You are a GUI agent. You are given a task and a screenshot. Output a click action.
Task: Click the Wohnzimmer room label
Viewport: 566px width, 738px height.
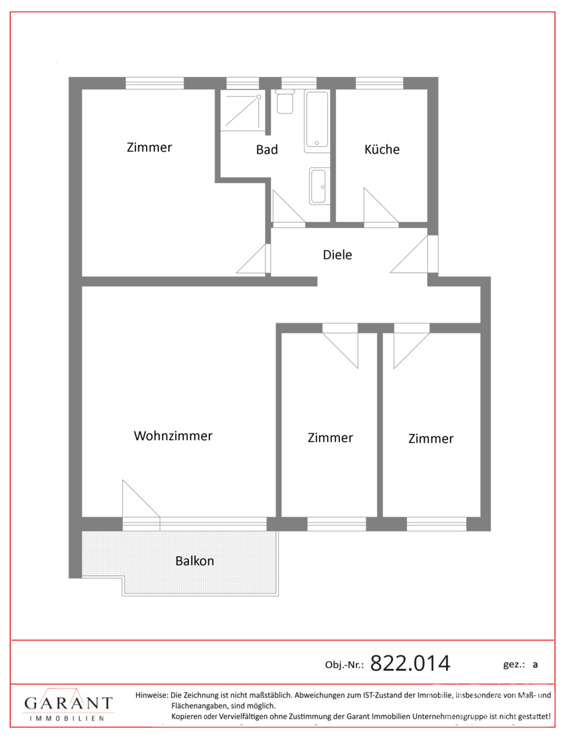click(x=173, y=436)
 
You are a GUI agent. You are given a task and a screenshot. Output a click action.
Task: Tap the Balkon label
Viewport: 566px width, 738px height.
click(x=194, y=561)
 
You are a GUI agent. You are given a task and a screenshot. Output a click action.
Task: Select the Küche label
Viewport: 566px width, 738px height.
click(x=382, y=150)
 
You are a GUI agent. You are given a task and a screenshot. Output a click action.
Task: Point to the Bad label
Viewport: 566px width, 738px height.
click(x=267, y=150)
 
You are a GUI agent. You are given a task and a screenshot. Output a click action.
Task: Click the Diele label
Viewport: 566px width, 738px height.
click(x=337, y=255)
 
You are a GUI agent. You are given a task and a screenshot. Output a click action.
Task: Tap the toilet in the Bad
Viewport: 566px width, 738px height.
click(x=285, y=103)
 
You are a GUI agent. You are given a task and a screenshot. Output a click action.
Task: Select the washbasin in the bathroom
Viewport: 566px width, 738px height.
click(x=318, y=185)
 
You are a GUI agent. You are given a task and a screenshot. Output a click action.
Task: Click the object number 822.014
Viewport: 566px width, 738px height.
click(x=410, y=663)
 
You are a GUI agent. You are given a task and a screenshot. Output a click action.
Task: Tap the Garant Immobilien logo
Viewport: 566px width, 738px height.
click(x=68, y=705)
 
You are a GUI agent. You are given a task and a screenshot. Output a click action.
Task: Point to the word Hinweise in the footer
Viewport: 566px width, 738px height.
click(x=152, y=695)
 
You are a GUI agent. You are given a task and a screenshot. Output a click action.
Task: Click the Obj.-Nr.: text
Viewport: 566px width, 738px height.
click(x=344, y=665)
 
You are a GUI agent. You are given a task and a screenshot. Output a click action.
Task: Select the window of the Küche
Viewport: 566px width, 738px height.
click(x=379, y=83)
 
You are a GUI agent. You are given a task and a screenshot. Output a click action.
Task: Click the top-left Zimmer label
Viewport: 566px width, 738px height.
click(x=150, y=148)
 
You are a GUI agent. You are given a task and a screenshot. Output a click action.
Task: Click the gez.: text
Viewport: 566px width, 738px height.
click(x=513, y=664)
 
